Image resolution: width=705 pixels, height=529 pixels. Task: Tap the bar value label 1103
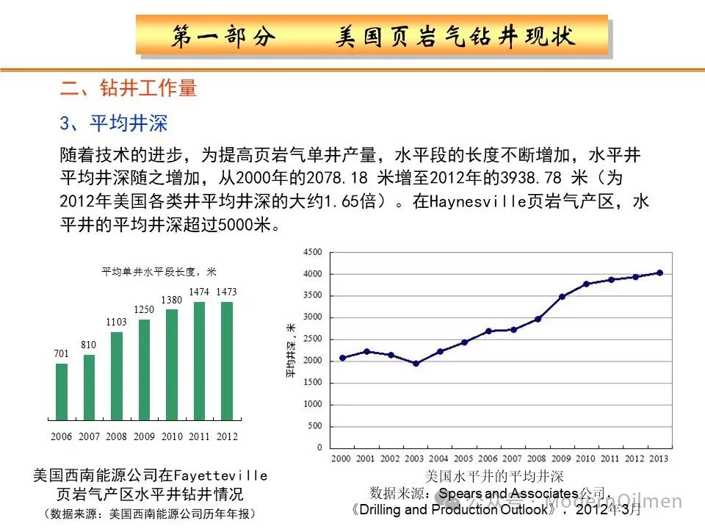116,323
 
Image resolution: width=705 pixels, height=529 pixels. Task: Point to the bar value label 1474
199,292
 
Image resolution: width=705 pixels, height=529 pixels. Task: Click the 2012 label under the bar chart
227,436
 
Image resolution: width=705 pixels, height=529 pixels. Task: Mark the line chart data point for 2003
416,363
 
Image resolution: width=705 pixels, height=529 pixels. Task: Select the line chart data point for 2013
659,273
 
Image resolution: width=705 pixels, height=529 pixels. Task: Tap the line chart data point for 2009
562,297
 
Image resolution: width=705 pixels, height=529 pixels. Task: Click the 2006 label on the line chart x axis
488,459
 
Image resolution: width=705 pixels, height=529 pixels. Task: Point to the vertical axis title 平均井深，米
291,350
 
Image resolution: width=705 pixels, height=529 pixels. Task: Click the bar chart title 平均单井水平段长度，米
159,272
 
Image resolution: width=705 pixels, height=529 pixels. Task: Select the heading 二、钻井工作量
129,89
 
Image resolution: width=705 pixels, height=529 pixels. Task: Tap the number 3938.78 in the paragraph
528,179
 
